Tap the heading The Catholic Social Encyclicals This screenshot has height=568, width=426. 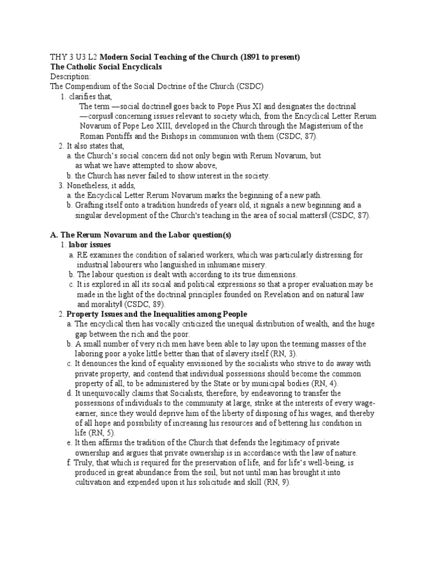click(x=106, y=67)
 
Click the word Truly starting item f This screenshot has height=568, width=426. click(x=85, y=463)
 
